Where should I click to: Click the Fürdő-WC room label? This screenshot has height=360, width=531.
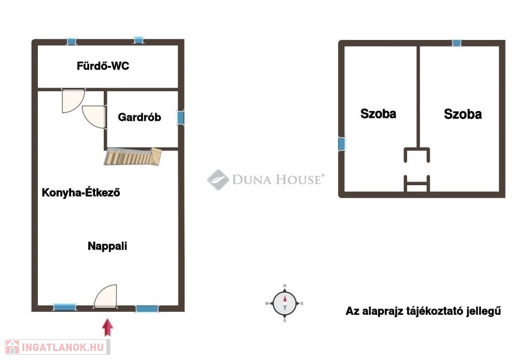point(103,66)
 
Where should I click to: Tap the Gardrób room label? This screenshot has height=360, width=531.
point(139,117)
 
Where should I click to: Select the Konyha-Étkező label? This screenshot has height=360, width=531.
point(81,192)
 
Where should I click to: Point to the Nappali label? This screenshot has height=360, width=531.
point(107,246)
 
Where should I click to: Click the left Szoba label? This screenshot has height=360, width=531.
point(378,114)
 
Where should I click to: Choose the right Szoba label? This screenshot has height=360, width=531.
point(463,114)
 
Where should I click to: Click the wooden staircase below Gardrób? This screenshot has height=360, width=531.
point(133,157)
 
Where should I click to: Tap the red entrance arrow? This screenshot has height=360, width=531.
point(108,327)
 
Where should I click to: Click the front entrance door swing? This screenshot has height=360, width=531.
point(106,296)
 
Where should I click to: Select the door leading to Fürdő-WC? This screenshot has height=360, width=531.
point(73,101)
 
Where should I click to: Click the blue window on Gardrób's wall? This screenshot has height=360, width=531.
point(181,118)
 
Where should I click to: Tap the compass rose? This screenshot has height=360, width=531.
point(285,303)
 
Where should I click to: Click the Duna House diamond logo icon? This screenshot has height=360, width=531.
point(218,179)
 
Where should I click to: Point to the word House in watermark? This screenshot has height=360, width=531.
point(299,179)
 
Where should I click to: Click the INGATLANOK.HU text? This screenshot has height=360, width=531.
point(63,348)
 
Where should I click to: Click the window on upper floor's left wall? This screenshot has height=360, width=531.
point(342,144)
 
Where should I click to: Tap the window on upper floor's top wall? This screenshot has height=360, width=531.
point(456,43)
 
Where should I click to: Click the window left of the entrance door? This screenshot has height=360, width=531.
point(65,307)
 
